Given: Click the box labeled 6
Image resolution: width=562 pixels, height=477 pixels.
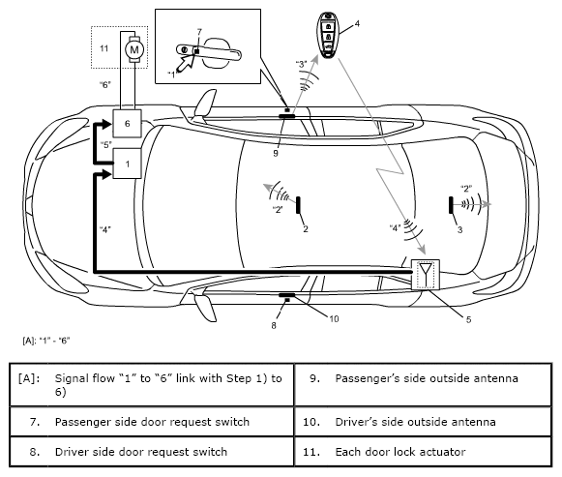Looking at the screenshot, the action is tap(128, 123).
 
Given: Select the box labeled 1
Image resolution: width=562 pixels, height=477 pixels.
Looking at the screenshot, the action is tap(128, 164).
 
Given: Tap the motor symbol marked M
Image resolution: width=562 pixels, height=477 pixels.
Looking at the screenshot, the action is tap(134, 49).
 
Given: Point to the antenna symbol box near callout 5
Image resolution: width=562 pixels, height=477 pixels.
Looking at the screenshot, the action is tap(425, 275).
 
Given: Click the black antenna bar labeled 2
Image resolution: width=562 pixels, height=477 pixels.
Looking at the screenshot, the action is tap(298, 205).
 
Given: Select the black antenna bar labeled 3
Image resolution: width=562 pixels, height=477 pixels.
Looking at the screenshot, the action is tap(451, 205).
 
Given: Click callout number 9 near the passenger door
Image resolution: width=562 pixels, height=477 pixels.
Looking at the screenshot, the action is tap(276, 154).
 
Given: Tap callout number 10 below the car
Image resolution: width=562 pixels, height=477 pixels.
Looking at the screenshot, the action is tap(334, 319).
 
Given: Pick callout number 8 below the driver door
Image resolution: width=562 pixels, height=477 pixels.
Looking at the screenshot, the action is tap(274, 325).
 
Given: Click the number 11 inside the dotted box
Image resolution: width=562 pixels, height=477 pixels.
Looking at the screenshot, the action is tap(104, 48).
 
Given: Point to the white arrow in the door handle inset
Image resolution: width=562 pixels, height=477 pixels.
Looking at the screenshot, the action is tap(186, 63).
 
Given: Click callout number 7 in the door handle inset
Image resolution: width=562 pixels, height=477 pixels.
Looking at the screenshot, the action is tap(199, 32).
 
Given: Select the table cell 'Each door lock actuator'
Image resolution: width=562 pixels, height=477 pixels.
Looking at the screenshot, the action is tap(423, 452).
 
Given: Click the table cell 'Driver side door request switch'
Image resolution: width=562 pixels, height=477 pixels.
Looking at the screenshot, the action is tap(152, 452).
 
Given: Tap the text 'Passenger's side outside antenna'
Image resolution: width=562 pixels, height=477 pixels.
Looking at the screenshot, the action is tap(427, 378).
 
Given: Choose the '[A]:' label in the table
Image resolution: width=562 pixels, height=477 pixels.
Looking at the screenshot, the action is tap(29, 378).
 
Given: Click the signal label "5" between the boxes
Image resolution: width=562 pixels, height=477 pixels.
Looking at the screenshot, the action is tap(106, 145).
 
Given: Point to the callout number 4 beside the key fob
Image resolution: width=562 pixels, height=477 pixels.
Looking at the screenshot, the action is tap(357, 23).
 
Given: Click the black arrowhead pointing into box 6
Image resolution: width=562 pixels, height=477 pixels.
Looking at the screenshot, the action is tap(106, 124).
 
